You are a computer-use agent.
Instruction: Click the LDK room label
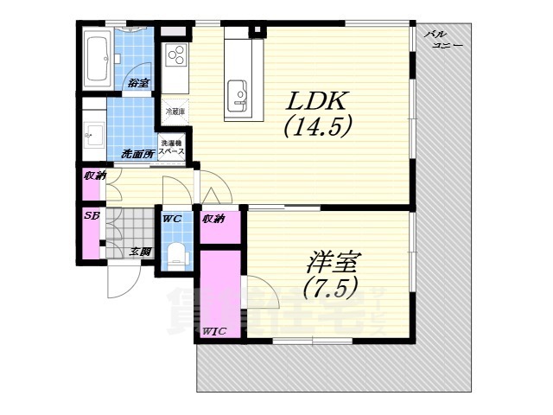click(317, 100)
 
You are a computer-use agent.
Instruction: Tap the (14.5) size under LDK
click(317, 127)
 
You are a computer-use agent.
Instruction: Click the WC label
click(172, 219)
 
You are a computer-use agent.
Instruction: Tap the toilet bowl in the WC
click(177, 253)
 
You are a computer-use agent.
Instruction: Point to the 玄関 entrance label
click(141, 252)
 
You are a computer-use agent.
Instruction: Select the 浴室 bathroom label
click(138, 83)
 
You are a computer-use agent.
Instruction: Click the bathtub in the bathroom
click(97, 57)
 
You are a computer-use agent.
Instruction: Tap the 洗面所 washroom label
click(137, 154)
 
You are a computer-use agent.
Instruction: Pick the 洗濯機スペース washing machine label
click(170, 147)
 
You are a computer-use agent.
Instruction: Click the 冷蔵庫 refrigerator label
click(175, 112)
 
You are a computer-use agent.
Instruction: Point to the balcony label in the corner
click(442, 39)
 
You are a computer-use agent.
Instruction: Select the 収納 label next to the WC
click(213, 219)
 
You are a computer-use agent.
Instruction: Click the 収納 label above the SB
click(93, 176)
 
